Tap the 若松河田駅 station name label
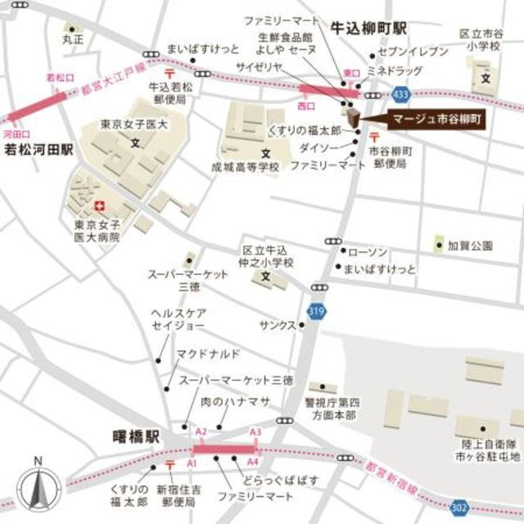(x=39, y=151)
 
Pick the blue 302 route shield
(x=460, y=508)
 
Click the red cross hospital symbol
(x=101, y=206)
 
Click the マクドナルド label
(x=209, y=353)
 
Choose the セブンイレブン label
(x=417, y=52)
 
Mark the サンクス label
(x=277, y=324)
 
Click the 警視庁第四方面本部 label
(x=332, y=409)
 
